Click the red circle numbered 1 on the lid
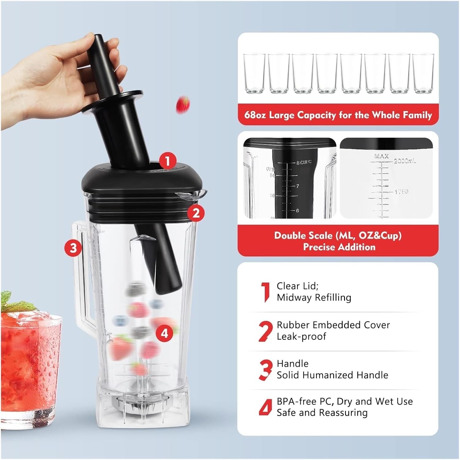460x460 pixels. click(x=167, y=161)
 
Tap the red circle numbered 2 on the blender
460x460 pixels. click(x=196, y=213)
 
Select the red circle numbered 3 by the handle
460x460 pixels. click(x=73, y=247)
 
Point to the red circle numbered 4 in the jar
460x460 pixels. click(x=165, y=333)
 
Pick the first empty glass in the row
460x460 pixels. click(x=254, y=73)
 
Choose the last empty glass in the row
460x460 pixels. click(x=423, y=73)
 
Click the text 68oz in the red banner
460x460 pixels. click(x=255, y=115)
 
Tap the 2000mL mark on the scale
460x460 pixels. click(x=405, y=161)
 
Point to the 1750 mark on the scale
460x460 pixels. click(x=401, y=192)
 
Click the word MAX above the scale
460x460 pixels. click(x=381, y=156)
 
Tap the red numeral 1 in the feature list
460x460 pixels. click(x=266, y=292)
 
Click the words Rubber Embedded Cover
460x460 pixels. click(x=333, y=325)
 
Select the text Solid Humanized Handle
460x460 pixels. click(x=332, y=375)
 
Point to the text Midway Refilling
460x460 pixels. click(x=314, y=297)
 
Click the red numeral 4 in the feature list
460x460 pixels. click(x=266, y=407)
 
